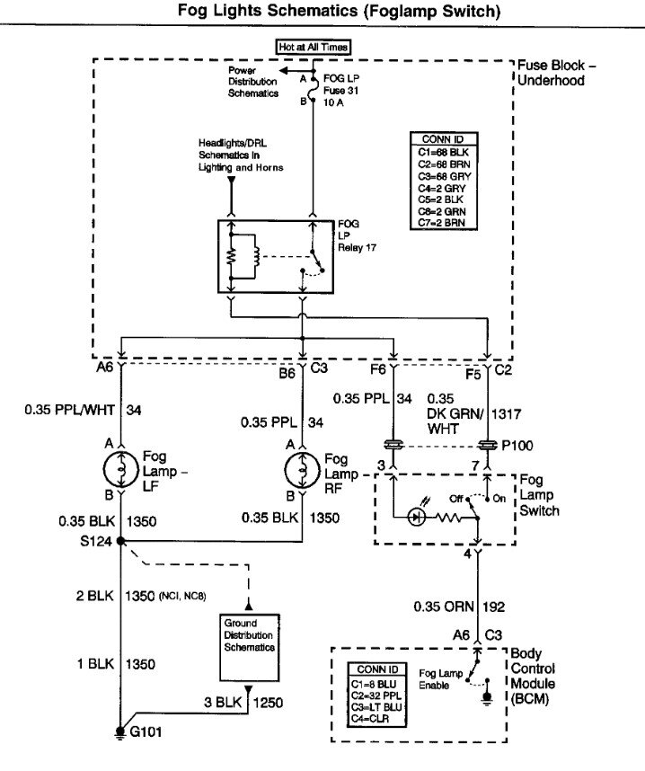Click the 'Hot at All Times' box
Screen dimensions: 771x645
point(313,46)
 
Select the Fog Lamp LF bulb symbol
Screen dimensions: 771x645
point(120,467)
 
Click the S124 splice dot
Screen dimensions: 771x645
point(120,541)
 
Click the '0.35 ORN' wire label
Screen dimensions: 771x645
point(441,606)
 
